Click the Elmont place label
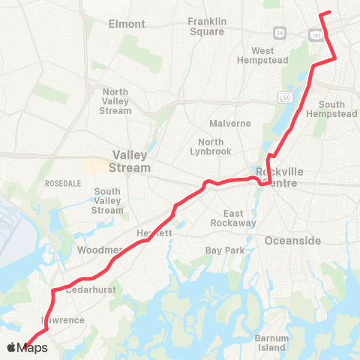coord(127,24)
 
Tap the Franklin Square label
coord(212,26)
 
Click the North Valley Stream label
coord(115,101)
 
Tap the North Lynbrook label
coord(216,147)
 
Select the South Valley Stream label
coord(108,201)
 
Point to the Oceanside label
coord(292,240)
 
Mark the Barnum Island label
coord(271,342)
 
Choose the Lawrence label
coord(62,320)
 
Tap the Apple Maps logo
coord(27,347)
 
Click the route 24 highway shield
coord(278,33)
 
